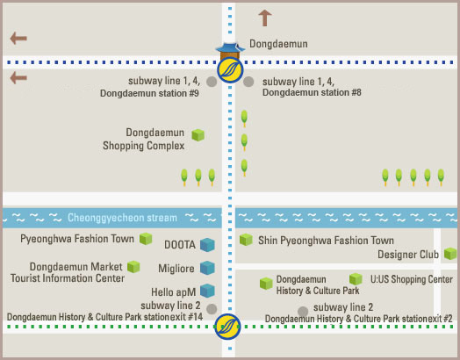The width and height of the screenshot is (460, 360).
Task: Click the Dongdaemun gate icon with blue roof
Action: (230, 51)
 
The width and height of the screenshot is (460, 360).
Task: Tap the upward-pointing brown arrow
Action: (265, 18)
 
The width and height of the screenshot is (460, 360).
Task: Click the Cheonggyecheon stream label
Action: (122, 218)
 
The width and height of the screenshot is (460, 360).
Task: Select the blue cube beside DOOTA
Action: (207, 245)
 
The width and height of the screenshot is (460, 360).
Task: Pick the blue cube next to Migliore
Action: (207, 268)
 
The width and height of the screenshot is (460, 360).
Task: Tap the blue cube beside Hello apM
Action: (207, 291)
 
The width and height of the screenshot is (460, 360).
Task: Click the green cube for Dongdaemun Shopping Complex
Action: (198, 135)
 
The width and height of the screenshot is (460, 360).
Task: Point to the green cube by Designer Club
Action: (450, 254)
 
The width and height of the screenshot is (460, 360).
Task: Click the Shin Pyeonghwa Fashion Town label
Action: (326, 241)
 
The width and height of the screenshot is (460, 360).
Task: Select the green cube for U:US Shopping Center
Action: (356, 279)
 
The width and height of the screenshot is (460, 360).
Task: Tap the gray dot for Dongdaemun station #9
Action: (212, 82)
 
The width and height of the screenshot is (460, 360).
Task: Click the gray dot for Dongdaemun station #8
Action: (248, 82)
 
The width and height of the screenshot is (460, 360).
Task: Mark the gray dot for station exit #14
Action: (212, 309)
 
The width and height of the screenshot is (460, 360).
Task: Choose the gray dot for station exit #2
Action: (303, 312)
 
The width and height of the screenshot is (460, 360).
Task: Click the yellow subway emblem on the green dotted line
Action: (227, 327)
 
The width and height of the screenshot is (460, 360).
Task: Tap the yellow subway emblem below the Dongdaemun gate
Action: (230, 70)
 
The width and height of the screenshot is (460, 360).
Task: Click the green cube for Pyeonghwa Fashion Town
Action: (146, 239)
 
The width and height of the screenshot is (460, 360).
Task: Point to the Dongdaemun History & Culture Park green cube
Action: (266, 284)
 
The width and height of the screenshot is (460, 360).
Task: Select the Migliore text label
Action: (176, 269)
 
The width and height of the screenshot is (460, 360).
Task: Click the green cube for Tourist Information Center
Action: (133, 267)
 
